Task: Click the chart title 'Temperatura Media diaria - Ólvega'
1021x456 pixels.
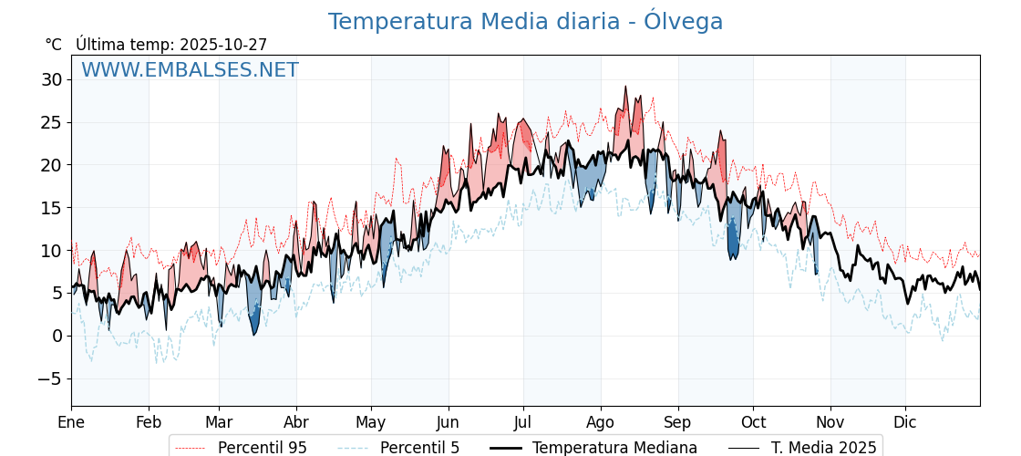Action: [525, 22]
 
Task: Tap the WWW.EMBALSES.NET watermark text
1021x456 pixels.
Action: [190, 70]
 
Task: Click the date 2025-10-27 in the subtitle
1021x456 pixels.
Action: [223, 45]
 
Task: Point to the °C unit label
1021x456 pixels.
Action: [53, 45]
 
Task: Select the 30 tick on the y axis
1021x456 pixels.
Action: [52, 80]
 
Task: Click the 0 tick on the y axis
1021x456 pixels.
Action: [57, 337]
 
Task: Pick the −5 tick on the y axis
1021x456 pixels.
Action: [52, 379]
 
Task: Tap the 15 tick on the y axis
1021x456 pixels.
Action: [52, 208]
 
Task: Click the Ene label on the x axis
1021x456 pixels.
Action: [71, 422]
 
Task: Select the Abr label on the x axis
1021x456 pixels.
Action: [296, 422]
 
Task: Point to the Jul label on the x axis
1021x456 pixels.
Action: [523, 422]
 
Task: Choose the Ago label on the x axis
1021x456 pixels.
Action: [601, 422]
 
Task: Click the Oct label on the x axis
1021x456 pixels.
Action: [753, 422]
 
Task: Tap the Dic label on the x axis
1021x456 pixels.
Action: [905, 422]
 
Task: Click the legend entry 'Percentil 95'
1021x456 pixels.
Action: [262, 448]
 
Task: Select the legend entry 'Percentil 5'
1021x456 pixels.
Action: [419, 448]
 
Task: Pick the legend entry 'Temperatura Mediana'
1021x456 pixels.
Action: [614, 448]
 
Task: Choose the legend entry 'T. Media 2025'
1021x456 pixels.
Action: [823, 448]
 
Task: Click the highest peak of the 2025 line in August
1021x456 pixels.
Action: [625, 88]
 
